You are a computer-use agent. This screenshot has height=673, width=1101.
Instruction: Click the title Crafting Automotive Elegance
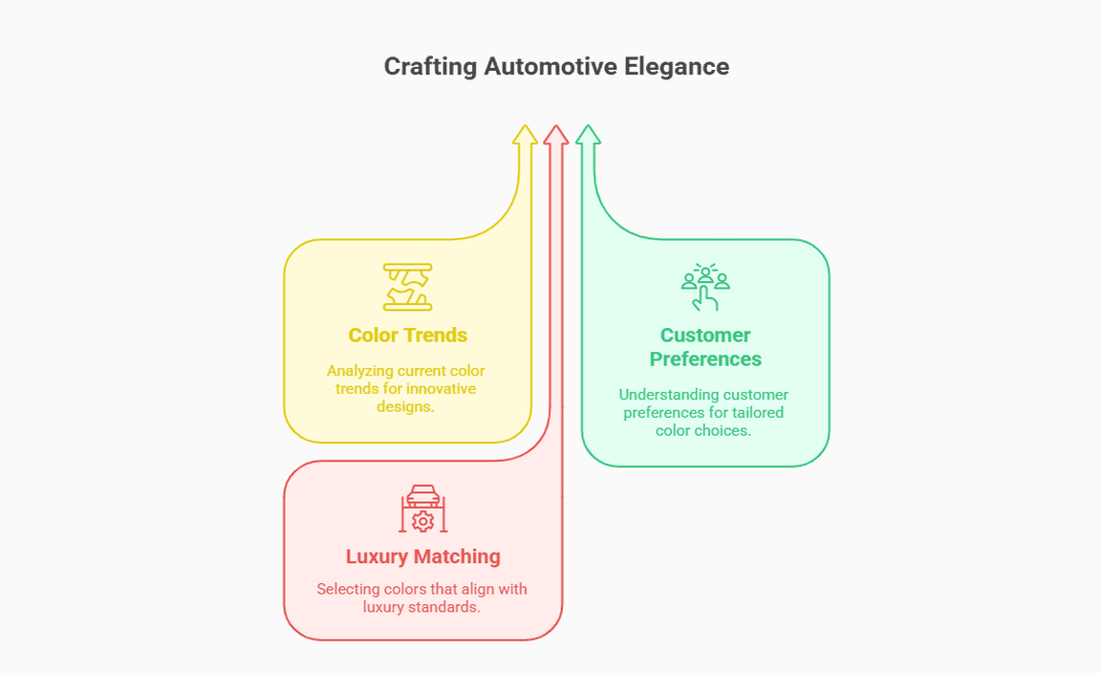click(556, 66)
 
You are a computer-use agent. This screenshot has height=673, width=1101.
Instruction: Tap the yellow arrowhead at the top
click(524, 135)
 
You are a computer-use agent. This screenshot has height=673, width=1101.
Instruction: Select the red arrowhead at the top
click(555, 135)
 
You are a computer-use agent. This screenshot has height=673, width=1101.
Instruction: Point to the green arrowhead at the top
click(588, 135)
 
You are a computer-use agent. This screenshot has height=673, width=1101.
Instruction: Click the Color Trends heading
click(407, 335)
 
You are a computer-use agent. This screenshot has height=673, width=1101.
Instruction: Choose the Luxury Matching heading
click(422, 556)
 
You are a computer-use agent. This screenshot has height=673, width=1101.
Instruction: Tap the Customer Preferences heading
click(705, 347)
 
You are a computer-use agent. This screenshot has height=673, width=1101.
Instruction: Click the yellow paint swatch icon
click(407, 287)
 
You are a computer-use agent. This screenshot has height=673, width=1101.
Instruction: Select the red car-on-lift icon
click(422, 509)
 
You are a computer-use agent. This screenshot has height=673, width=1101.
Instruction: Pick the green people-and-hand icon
click(705, 287)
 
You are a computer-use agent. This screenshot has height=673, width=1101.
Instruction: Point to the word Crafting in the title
click(430, 66)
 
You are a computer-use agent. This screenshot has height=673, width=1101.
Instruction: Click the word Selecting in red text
click(348, 589)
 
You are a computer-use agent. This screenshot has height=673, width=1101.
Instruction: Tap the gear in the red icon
click(422, 521)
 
